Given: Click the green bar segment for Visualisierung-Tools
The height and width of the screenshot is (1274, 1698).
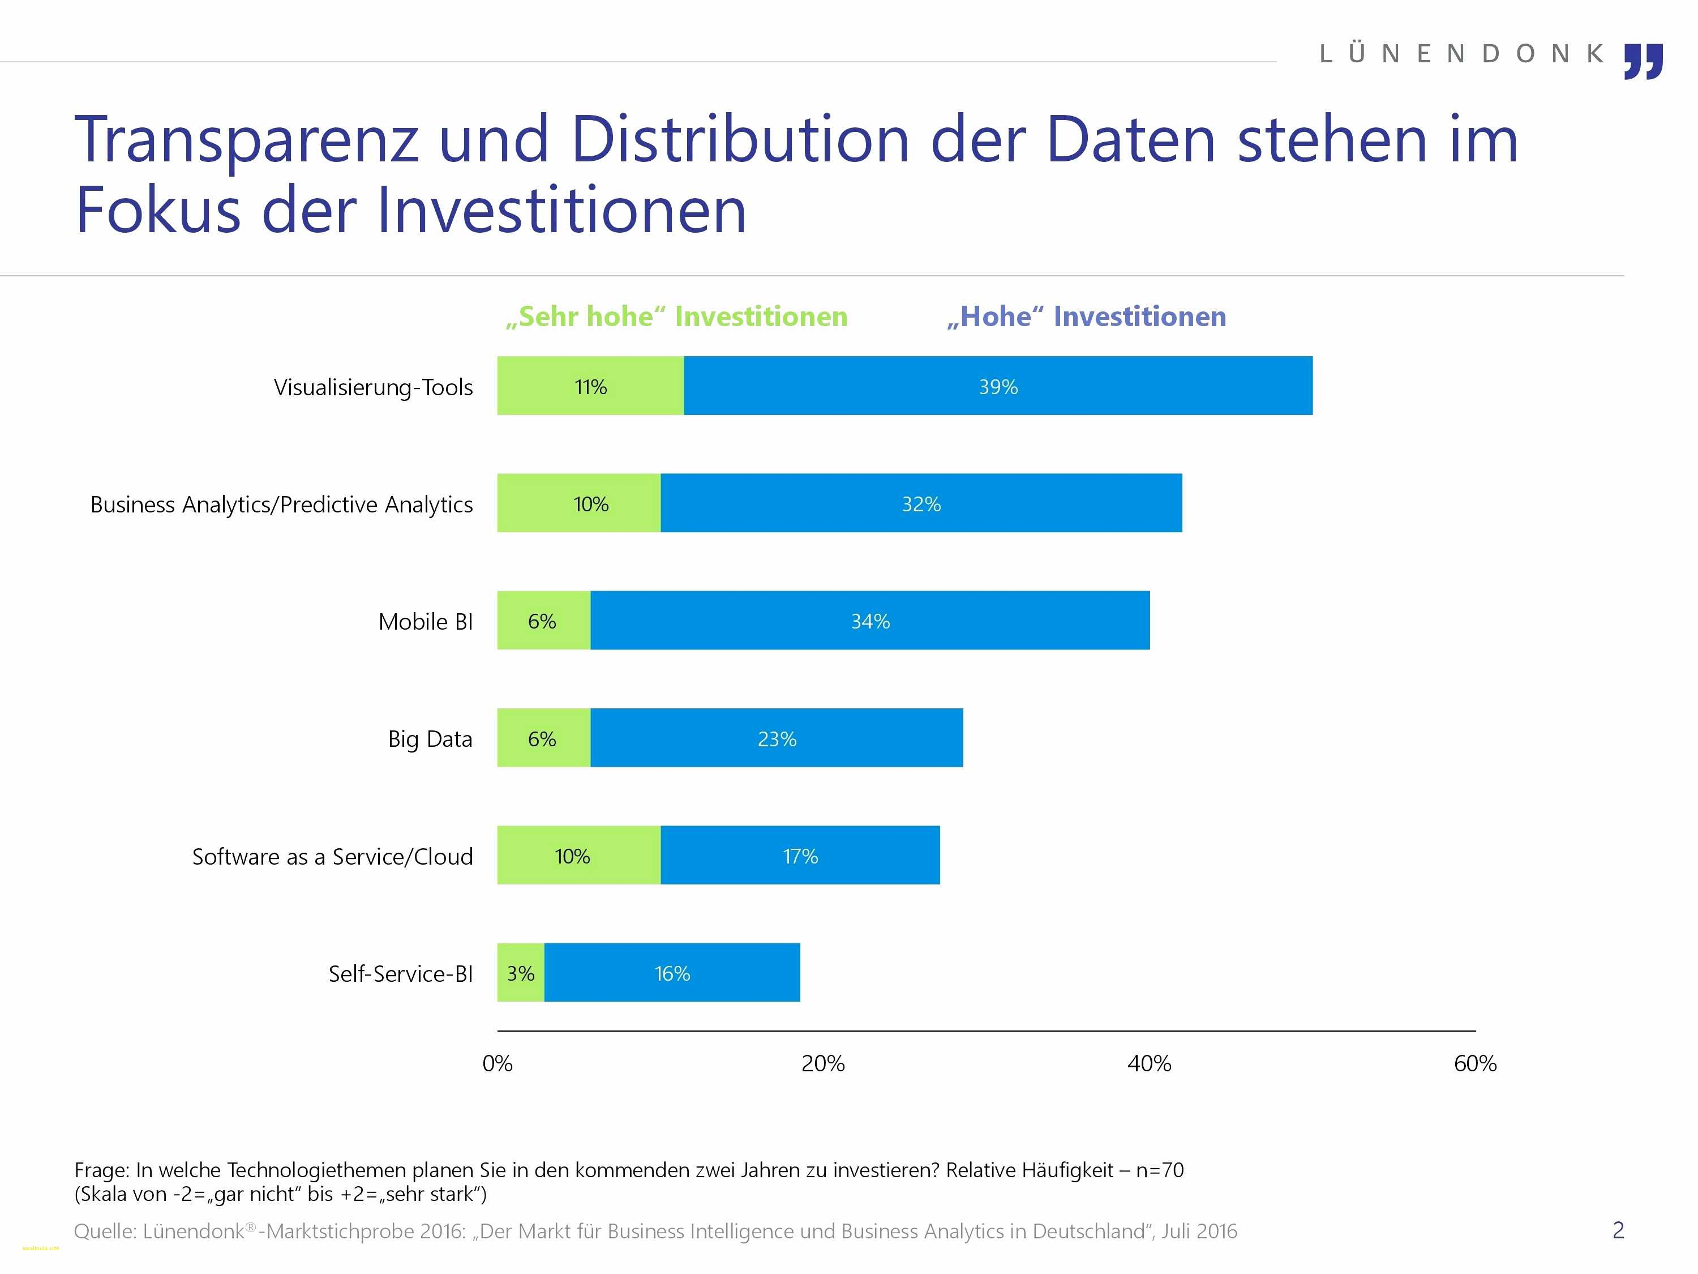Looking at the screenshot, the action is tap(590, 386).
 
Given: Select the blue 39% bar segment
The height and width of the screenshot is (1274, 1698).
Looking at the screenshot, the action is tap(998, 386).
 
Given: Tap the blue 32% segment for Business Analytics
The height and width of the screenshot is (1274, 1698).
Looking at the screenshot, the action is tap(921, 503).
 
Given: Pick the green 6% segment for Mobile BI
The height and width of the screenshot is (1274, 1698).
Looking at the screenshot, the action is tap(543, 621).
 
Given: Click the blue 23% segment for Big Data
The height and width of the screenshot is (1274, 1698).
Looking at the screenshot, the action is tap(777, 738).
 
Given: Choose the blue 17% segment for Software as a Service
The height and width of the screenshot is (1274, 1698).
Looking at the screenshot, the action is tap(800, 856).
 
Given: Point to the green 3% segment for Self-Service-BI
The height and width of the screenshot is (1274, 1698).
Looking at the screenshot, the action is tap(521, 973).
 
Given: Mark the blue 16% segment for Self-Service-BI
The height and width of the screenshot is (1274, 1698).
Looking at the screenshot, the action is tap(672, 973).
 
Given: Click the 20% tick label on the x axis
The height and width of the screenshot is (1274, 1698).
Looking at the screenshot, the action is tap(823, 1063).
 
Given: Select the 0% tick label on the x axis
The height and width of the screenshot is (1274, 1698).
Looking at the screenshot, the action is tap(498, 1063).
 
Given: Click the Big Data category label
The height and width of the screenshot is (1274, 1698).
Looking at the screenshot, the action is tap(430, 739).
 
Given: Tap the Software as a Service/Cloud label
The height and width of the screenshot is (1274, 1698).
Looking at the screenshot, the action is tap(332, 856).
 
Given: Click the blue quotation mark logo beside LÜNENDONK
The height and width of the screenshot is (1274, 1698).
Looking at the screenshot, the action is tap(1644, 61).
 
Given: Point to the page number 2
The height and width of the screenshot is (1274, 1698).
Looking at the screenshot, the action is tap(1618, 1230).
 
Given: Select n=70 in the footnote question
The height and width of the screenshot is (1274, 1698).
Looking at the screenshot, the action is tap(1160, 1170).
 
